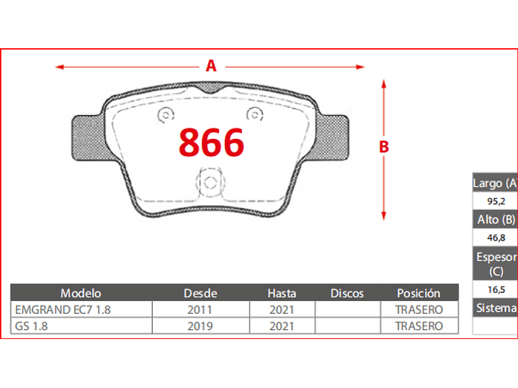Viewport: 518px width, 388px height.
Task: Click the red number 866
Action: coord(211,143)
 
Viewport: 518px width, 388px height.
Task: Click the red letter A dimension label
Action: coord(211,66)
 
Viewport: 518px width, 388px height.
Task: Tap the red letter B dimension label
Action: coord(384,146)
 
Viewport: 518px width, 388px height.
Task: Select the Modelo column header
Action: coord(81,293)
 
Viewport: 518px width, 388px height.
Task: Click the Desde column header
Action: coord(200,293)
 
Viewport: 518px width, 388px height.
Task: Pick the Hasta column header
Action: coord(282,293)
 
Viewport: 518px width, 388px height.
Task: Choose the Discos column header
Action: coord(347,293)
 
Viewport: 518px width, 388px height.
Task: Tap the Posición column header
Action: coord(419,293)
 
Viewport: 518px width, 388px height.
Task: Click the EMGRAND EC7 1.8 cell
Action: coord(63,310)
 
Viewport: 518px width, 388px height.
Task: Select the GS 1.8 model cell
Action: coord(32,325)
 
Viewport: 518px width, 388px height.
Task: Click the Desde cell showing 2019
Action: coord(200,325)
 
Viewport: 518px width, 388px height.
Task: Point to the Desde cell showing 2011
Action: coord(200,310)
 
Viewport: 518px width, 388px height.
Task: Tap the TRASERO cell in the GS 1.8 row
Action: coord(419,325)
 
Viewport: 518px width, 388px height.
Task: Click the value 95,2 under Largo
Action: coord(495,201)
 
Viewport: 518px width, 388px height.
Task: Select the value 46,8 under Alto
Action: coord(495,237)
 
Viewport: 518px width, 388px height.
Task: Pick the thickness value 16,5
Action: coord(495,289)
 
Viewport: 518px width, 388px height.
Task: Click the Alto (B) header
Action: coord(496,219)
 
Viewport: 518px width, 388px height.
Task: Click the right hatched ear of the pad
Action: coord(335,138)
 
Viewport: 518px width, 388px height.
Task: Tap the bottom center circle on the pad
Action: coord(210,182)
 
